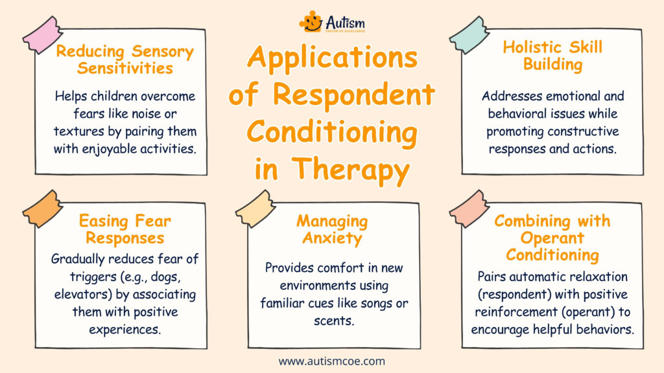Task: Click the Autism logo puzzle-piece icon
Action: [x=311, y=21]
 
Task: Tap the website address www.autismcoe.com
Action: [x=332, y=361]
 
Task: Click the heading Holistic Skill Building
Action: [x=551, y=55]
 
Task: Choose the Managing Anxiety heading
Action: [x=332, y=229]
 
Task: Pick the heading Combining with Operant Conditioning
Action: [x=552, y=237]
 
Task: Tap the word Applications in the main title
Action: [x=332, y=58]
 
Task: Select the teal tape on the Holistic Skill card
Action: [x=469, y=35]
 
